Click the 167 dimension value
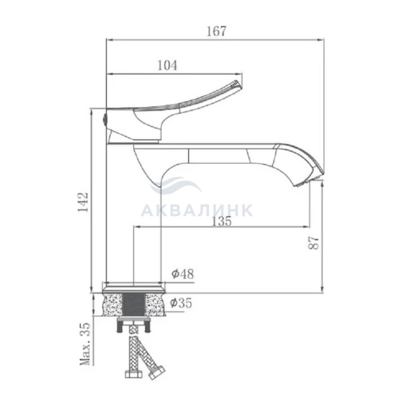click(x=216, y=31)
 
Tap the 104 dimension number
click(x=167, y=65)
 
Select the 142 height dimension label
click(x=83, y=202)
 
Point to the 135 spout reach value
click(x=221, y=221)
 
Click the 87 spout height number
click(x=313, y=243)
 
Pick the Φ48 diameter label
click(x=183, y=274)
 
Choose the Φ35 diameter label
click(x=181, y=303)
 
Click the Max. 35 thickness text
click(x=84, y=344)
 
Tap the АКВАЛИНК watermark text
click(x=197, y=210)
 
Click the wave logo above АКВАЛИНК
click(x=176, y=185)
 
